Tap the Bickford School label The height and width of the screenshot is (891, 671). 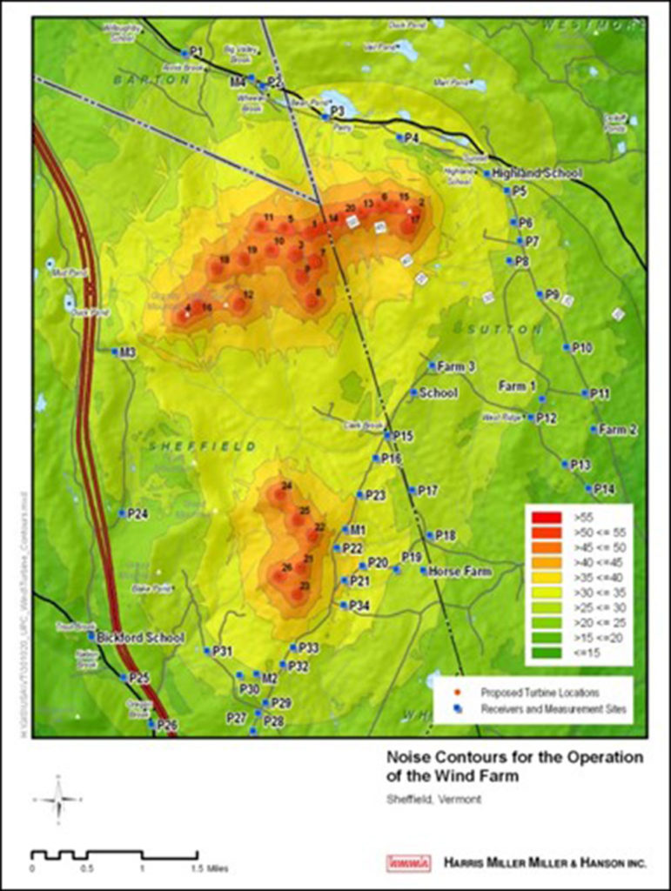(141, 637)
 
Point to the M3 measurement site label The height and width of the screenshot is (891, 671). (127, 352)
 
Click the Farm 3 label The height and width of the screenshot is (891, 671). (456, 366)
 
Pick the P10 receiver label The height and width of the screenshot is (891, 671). (581, 348)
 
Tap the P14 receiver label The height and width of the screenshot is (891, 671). (603, 490)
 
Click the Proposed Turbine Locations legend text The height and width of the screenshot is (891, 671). (540, 693)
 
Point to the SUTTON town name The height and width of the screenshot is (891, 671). (494, 330)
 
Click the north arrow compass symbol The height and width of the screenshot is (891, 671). (57, 798)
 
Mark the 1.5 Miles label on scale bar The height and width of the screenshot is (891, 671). (197, 868)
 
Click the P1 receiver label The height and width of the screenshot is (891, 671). (196, 51)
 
